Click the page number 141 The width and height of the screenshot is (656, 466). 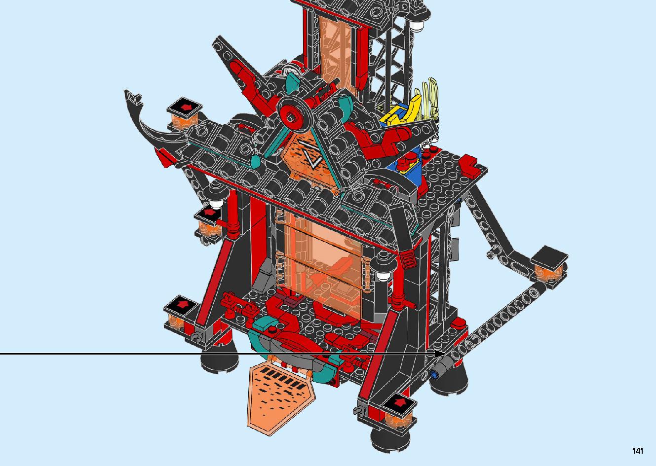coord(637,451)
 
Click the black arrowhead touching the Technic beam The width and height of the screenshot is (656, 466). coord(439,354)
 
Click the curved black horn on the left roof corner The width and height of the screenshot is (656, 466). coord(148,123)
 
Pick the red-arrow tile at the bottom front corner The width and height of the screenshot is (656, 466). coord(399,404)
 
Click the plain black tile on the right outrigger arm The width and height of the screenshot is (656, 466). coord(549,258)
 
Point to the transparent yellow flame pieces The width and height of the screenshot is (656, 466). coord(427,99)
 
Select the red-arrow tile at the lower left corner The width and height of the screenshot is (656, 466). coord(180,307)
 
